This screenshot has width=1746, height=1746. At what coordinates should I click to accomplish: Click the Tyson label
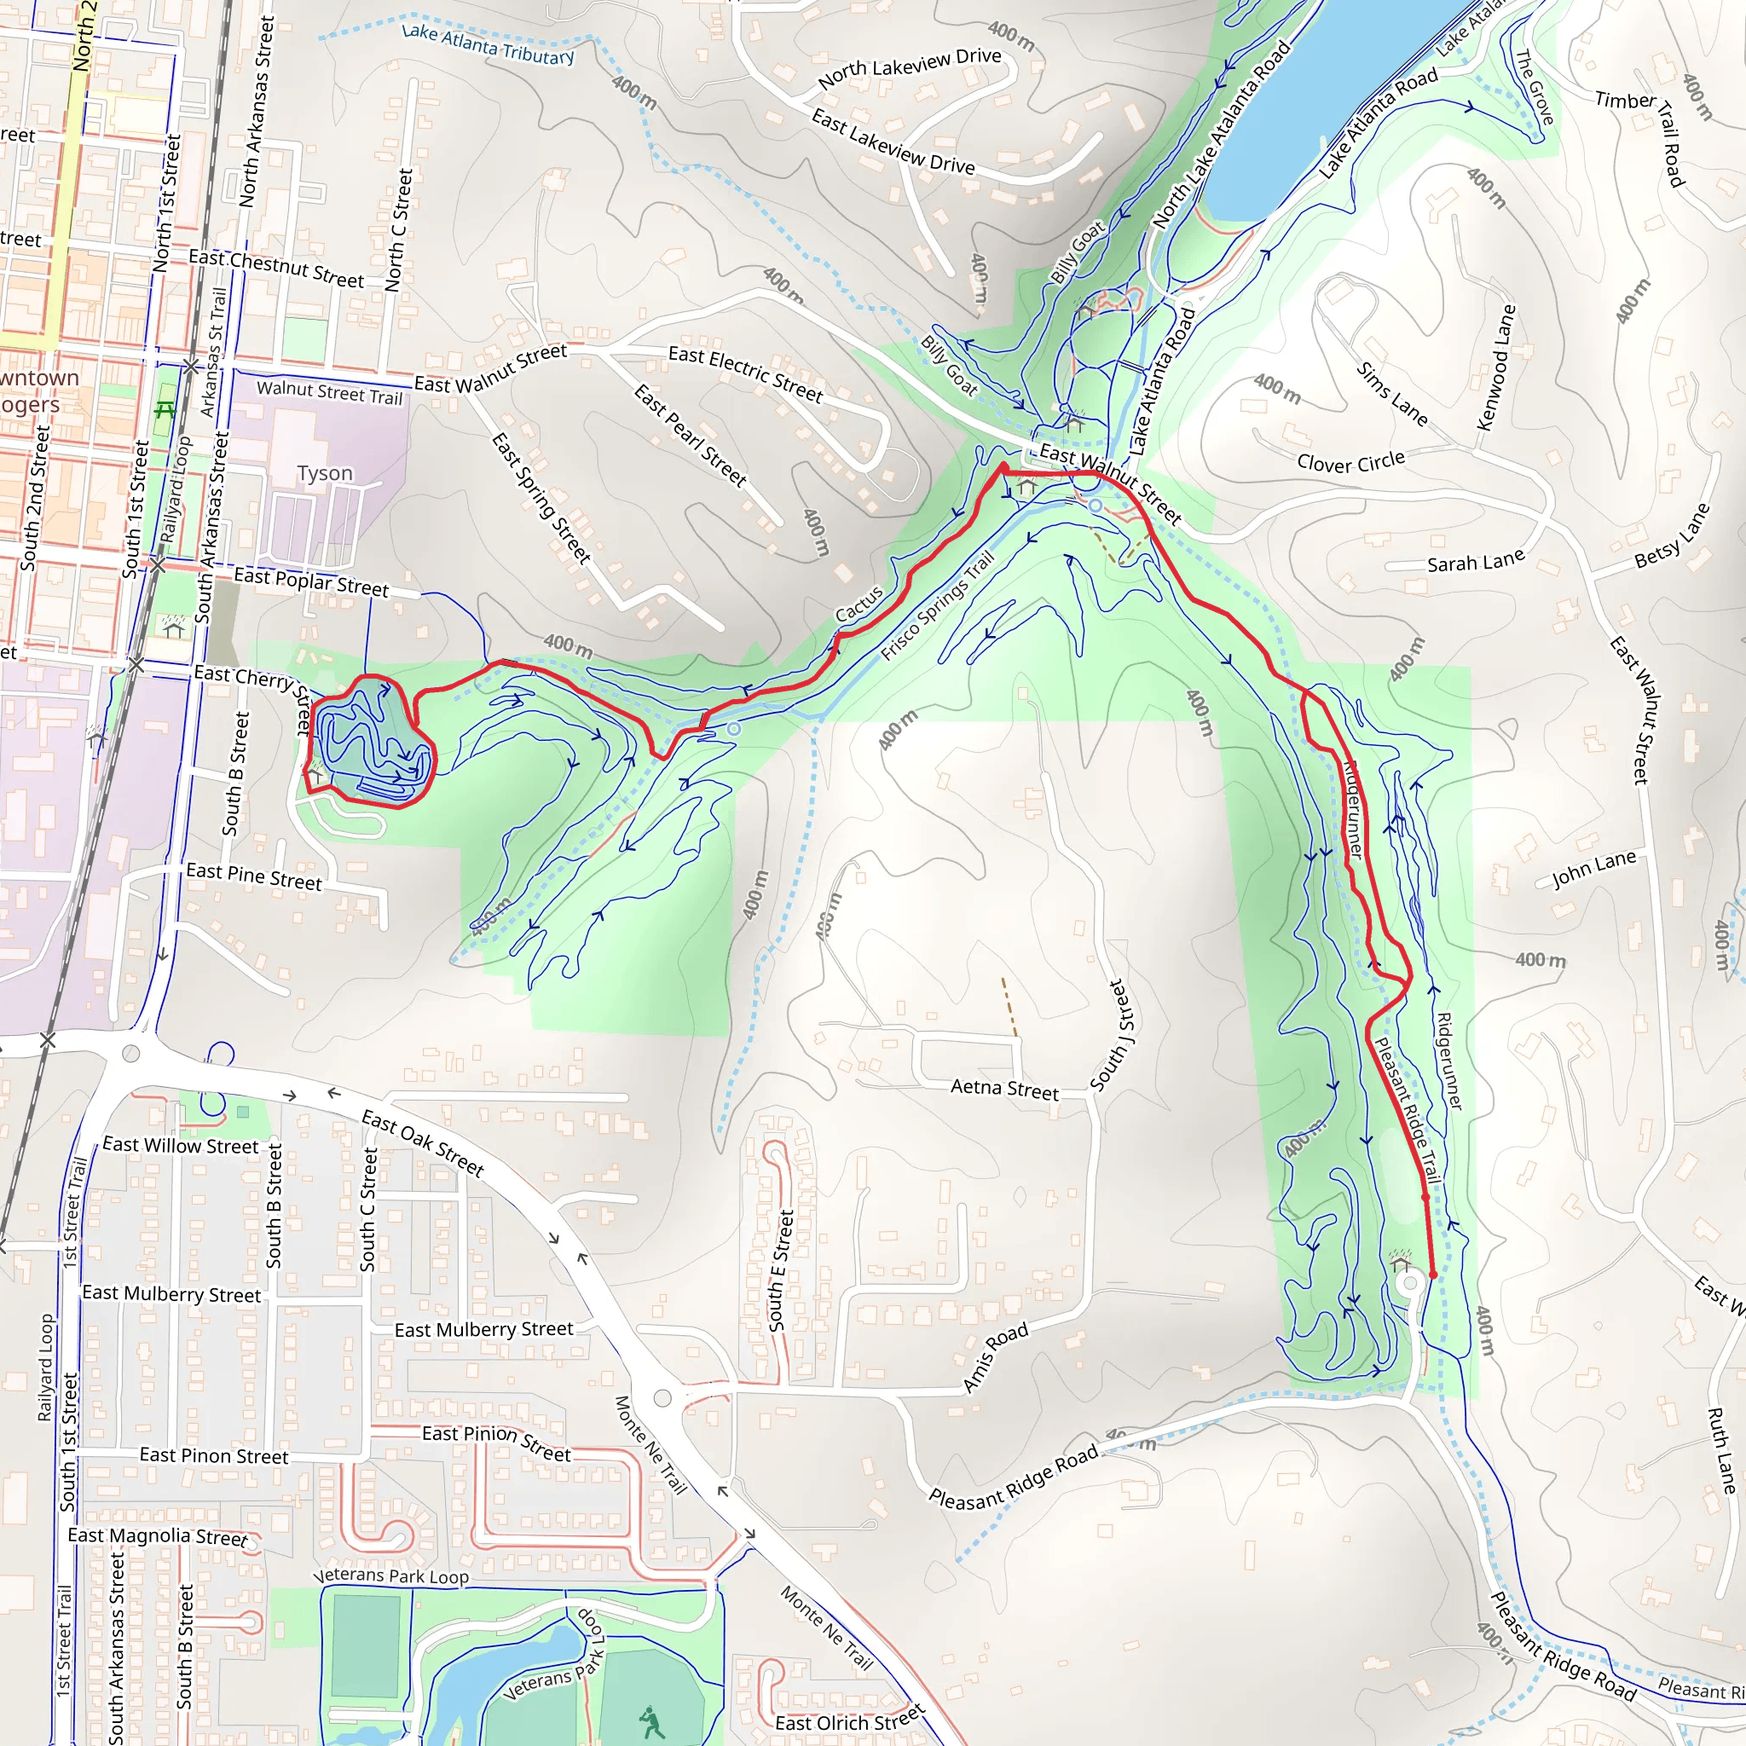tap(325, 473)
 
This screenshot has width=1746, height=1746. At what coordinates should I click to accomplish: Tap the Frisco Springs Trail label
tap(937, 605)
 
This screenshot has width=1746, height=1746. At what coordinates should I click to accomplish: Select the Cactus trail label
tap(859, 604)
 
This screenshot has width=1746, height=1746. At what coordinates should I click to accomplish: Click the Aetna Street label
tap(1004, 1089)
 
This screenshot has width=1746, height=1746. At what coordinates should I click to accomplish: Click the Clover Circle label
tap(1350, 463)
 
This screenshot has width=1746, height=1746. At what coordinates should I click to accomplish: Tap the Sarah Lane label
tap(1475, 563)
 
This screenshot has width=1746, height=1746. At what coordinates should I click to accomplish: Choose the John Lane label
tap(1593, 870)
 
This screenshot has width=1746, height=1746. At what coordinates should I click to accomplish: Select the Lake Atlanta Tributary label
tap(488, 44)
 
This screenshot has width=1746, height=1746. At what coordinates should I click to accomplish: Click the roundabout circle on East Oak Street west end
tap(131, 1053)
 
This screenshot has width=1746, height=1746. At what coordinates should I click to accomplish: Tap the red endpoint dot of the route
tap(1432, 1275)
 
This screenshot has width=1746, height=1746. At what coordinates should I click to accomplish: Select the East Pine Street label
tap(254, 876)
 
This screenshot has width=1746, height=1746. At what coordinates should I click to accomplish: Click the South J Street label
tap(1111, 1035)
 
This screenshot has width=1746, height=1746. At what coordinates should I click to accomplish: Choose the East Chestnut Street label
tap(275, 269)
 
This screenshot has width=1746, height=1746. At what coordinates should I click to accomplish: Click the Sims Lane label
tap(1391, 394)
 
